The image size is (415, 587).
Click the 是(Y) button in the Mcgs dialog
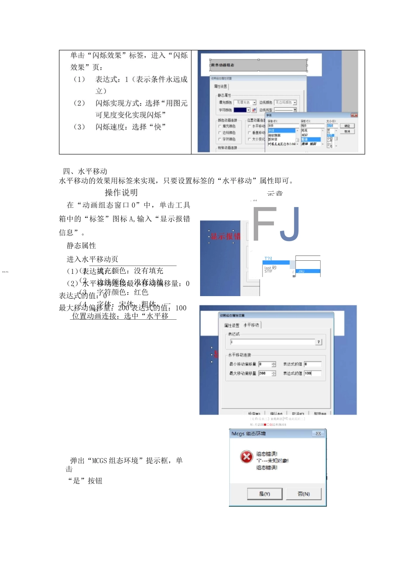pos(265,494)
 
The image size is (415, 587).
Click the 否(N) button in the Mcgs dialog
pos(304,494)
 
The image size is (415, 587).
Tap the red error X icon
pos(246,456)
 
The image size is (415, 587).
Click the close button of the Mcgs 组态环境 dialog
pos(318,434)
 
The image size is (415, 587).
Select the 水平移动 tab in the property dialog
pos(251,325)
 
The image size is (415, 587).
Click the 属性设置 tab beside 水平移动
pos(232,325)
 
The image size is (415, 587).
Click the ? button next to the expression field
pos(319,342)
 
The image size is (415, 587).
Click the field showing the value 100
pos(312,373)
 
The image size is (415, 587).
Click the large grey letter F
pos(265,224)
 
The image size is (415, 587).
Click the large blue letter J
pos(290,224)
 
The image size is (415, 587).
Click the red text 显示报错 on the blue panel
pos(225,236)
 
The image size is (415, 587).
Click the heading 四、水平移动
pos(85,171)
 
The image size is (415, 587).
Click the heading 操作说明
pos(121,193)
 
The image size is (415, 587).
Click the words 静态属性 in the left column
pos(81,245)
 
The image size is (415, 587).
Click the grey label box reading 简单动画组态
pos(258,66)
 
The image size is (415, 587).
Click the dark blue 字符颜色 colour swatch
pos(240,110)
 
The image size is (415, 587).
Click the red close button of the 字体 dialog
pos(354,115)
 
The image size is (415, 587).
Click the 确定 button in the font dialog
pos(347,126)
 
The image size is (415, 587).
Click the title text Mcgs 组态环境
pos(249,434)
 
